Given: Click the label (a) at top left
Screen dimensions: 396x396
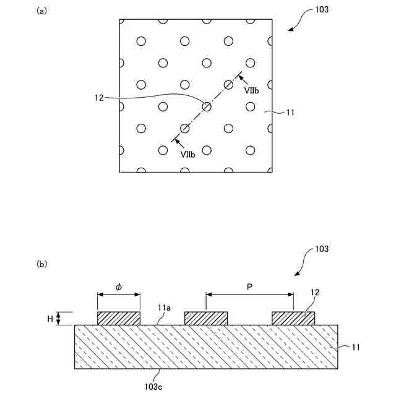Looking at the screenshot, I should pos(42,11).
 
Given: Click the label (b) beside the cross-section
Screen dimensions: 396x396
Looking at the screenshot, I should pos(42,264).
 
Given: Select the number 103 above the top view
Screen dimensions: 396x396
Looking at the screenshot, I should pos(321,11).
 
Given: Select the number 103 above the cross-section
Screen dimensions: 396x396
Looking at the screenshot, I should pos(321,249).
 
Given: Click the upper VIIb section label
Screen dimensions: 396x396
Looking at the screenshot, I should pos(251,90).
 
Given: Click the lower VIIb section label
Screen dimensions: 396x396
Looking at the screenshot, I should pos(189,155).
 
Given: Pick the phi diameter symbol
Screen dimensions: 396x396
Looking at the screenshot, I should pos(119,287).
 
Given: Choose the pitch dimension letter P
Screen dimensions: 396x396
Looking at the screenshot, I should pos(249,287).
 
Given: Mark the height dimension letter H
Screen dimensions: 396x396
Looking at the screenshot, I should pos(49,319).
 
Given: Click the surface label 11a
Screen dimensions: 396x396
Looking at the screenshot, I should pos(164,308).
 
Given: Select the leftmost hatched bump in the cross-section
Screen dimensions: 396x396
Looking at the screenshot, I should pos(119,318).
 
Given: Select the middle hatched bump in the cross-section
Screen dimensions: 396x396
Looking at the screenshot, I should pos(206,318).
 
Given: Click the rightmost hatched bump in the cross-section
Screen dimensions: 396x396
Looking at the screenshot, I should pos(293,318).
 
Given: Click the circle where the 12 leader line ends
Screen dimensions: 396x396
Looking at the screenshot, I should pos(207,106).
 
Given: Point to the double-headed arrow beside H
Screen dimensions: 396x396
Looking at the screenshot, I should pos(59,319).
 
